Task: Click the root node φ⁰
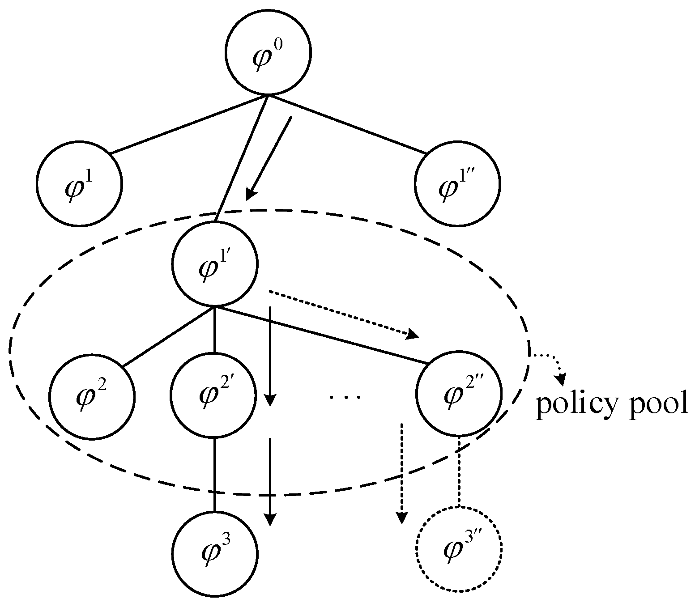click(x=268, y=53)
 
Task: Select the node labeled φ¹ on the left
click(x=80, y=184)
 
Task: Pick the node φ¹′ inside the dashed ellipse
click(x=215, y=264)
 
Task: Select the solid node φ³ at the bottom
click(x=215, y=554)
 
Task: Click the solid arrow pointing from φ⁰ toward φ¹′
click(x=270, y=157)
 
